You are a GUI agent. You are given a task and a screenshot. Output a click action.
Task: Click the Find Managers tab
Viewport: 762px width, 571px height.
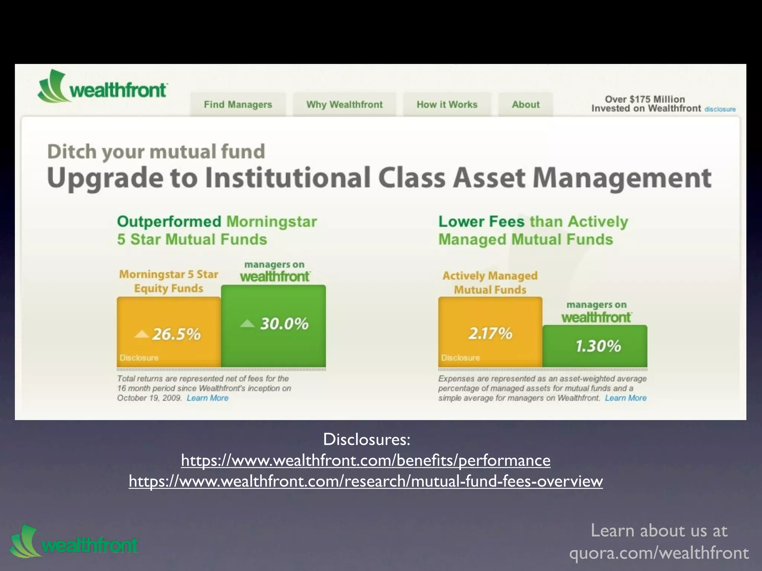pos(238,104)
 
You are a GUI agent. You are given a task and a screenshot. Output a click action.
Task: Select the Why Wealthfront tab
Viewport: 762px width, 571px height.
pos(344,104)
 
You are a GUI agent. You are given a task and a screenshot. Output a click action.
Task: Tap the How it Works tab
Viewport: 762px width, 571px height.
pos(447,104)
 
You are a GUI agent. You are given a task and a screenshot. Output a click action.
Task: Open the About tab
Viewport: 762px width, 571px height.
pos(525,104)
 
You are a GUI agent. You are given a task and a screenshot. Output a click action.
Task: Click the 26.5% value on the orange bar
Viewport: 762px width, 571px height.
pos(176,334)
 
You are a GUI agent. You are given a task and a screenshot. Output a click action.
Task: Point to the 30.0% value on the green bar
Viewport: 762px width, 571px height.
pos(284,324)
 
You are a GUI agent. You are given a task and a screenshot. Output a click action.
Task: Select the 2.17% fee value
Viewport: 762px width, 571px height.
pos(490,333)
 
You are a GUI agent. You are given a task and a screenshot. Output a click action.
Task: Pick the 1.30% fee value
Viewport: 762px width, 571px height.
pos(598,346)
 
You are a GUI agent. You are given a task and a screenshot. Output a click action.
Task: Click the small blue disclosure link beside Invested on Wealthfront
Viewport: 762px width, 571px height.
pos(720,109)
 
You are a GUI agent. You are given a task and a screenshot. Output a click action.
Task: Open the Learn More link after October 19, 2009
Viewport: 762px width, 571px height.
pos(208,398)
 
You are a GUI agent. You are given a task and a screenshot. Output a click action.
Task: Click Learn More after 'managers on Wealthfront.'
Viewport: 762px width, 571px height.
pos(625,398)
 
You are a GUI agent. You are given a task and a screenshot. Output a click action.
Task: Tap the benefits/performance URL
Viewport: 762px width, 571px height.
pos(366,460)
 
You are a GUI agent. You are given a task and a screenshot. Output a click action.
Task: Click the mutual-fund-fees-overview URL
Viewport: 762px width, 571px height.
pos(366,481)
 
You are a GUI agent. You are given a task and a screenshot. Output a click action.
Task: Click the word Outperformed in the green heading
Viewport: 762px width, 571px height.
pos(169,222)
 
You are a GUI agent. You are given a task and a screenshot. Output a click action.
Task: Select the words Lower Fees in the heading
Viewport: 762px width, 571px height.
pos(481,222)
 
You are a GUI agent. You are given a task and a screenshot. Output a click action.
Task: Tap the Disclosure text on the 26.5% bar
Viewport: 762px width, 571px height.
pos(139,358)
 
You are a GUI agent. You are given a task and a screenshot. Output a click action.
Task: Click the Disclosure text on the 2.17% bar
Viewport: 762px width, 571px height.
pos(460,358)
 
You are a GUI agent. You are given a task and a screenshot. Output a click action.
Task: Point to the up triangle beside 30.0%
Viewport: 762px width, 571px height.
pos(247,324)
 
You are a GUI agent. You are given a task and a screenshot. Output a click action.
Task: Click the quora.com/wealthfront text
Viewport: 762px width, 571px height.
pos(659,553)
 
